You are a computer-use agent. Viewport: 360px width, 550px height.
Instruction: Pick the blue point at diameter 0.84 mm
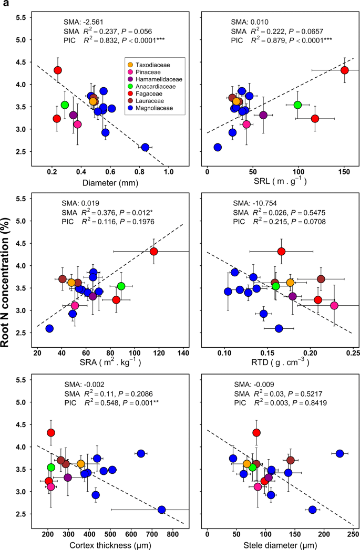(x=145, y=148)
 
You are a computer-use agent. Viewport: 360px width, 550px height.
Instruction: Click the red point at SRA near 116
(x=153, y=252)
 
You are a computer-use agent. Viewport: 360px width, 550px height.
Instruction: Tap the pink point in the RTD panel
(x=334, y=305)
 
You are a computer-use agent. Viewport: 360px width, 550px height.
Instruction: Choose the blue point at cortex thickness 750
(x=162, y=510)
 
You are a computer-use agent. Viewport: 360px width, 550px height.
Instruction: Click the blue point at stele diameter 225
(x=340, y=453)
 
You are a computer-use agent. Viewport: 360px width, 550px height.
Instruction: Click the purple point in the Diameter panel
(x=74, y=115)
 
